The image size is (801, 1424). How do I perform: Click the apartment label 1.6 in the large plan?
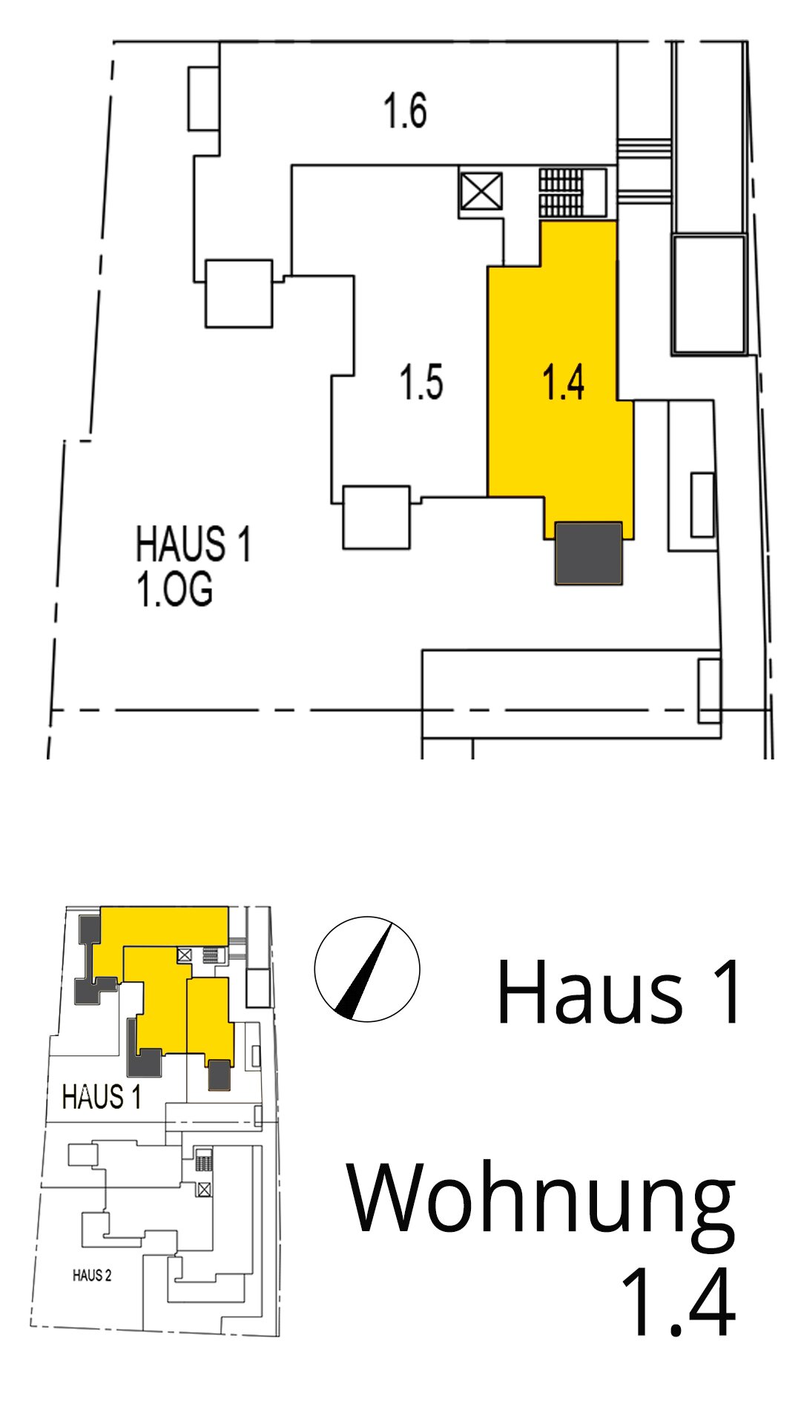pyautogui.click(x=405, y=111)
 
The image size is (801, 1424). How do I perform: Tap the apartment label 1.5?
pyautogui.click(x=421, y=383)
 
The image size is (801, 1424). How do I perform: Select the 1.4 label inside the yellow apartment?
pyautogui.click(x=563, y=383)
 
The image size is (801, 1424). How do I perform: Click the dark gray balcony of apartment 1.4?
pyautogui.click(x=589, y=553)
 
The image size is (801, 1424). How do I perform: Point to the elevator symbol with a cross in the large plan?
pyautogui.click(x=481, y=193)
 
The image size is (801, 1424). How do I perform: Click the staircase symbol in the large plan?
pyautogui.click(x=561, y=193)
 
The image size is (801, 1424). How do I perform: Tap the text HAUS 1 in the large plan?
pyautogui.click(x=193, y=544)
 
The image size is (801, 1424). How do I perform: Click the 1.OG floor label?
pyautogui.click(x=174, y=590)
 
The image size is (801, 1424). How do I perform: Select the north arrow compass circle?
pyautogui.click(x=367, y=969)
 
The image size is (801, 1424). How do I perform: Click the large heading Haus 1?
pyautogui.click(x=619, y=992)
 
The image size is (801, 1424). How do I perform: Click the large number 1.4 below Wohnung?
pyautogui.click(x=679, y=1302)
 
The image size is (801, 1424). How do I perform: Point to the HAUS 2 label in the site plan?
pyautogui.click(x=92, y=1276)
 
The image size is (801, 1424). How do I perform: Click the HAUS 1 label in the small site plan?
pyautogui.click(x=102, y=1097)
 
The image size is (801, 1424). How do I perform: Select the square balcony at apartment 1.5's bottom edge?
pyautogui.click(x=377, y=517)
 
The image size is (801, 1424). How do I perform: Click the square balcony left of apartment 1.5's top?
pyautogui.click(x=239, y=294)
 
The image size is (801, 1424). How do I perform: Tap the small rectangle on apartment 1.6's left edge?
pyautogui.click(x=203, y=99)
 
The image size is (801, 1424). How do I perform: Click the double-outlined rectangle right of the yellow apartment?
pyautogui.click(x=709, y=294)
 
